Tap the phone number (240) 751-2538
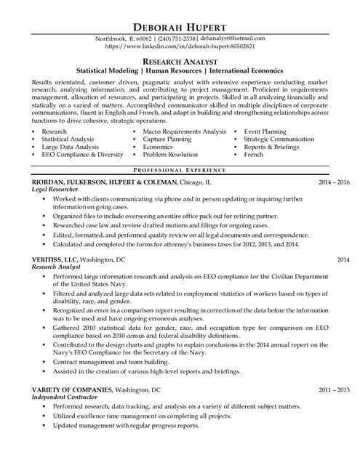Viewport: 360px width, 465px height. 177,38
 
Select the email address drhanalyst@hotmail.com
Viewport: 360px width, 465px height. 228,38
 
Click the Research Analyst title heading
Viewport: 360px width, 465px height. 180,62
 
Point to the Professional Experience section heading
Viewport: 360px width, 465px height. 180,169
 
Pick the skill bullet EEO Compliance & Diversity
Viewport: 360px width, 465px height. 82,155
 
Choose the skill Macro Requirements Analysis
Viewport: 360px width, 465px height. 185,132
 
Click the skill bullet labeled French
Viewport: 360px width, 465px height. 253,155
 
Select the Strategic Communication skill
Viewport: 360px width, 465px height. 279,139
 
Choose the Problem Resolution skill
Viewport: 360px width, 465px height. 170,155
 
